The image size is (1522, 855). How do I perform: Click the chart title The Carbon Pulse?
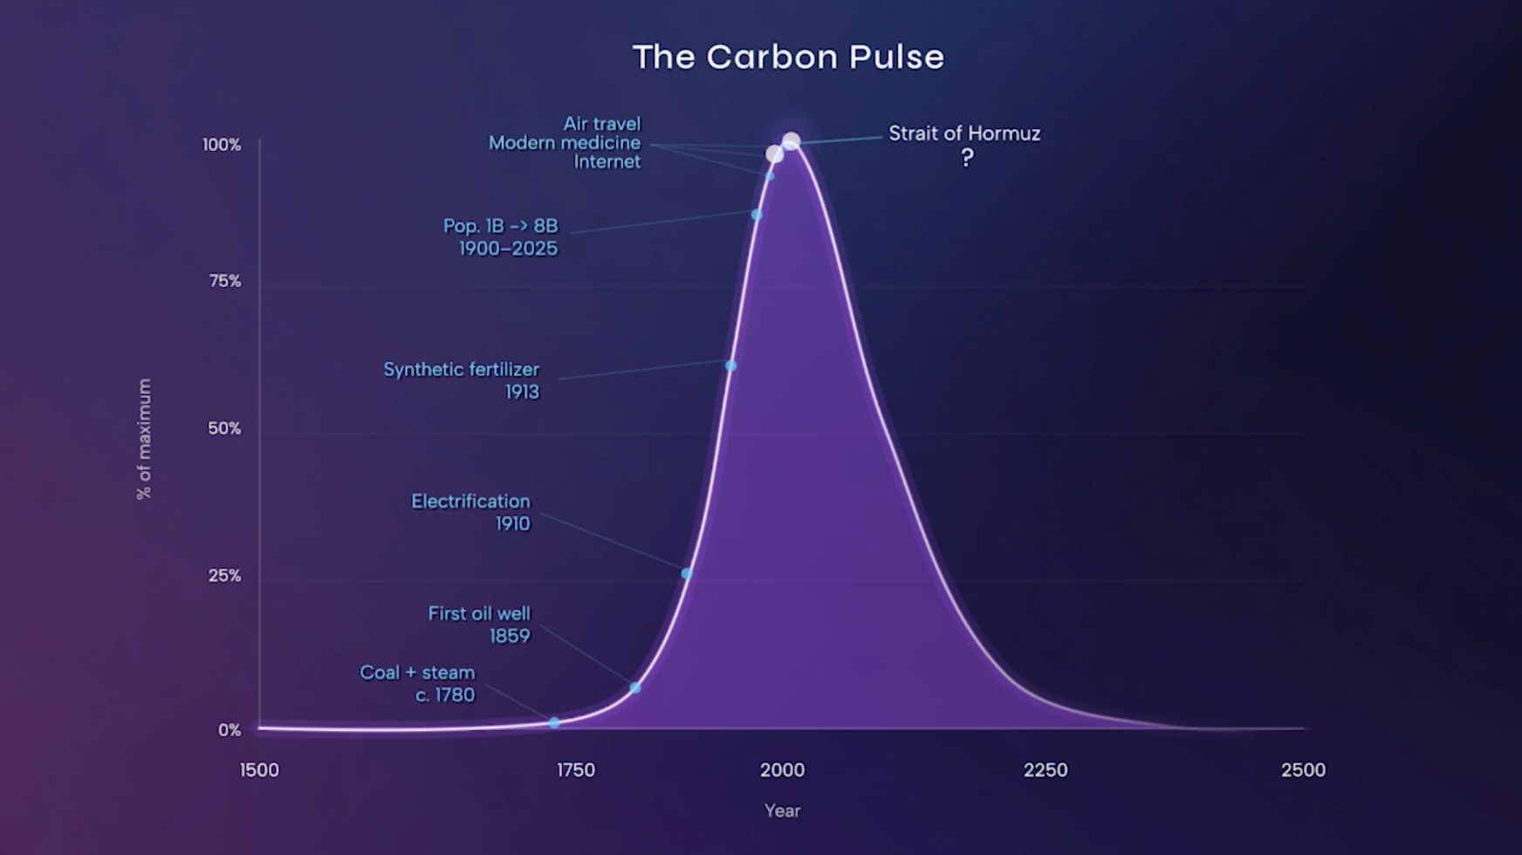tap(788, 58)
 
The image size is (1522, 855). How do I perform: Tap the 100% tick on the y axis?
tap(222, 145)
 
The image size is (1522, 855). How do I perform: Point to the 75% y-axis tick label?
tap(224, 281)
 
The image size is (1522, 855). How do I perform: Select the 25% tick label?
tap(224, 576)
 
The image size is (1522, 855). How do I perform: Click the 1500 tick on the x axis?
tap(259, 770)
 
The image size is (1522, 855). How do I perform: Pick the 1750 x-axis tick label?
tap(576, 770)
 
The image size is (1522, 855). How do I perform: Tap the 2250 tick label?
tap(1046, 770)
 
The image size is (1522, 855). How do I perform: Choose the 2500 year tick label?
tap(1303, 770)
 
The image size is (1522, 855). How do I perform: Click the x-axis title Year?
tap(782, 811)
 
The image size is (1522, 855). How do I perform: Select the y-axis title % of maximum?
tap(144, 439)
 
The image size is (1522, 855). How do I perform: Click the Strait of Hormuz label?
tap(964, 133)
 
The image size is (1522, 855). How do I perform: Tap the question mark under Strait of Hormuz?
tap(967, 158)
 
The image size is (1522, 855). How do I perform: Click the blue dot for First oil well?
tap(635, 687)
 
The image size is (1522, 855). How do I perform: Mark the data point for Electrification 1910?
tap(687, 573)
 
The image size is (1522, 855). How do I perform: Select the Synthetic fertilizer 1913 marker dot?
tap(731, 366)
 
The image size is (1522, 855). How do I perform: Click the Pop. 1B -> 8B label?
tap(500, 226)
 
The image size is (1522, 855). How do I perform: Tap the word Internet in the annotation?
tap(607, 162)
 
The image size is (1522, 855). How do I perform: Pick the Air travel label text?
tap(601, 124)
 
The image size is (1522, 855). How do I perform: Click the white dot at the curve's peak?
tap(791, 140)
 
